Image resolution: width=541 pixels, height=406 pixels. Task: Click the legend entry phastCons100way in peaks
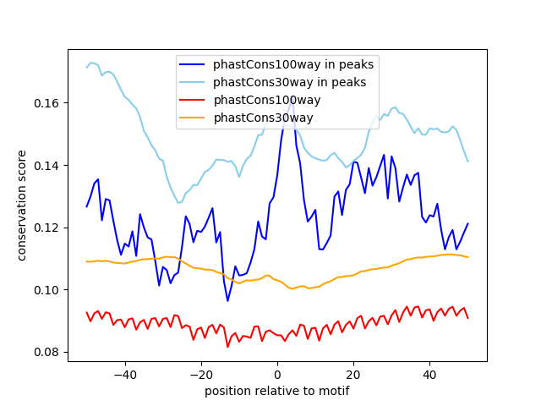point(293,64)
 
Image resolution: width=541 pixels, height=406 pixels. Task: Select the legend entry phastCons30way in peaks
point(289,82)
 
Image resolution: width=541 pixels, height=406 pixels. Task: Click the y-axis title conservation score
point(23,206)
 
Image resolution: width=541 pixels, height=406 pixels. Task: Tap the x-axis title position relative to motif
point(276,391)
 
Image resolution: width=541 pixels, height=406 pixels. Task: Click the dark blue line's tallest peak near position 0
point(292,96)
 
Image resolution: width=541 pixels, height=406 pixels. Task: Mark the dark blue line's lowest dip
point(227,300)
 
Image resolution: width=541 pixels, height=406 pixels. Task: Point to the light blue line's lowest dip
point(178,203)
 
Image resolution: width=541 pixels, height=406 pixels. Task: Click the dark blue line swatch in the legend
point(194,64)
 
